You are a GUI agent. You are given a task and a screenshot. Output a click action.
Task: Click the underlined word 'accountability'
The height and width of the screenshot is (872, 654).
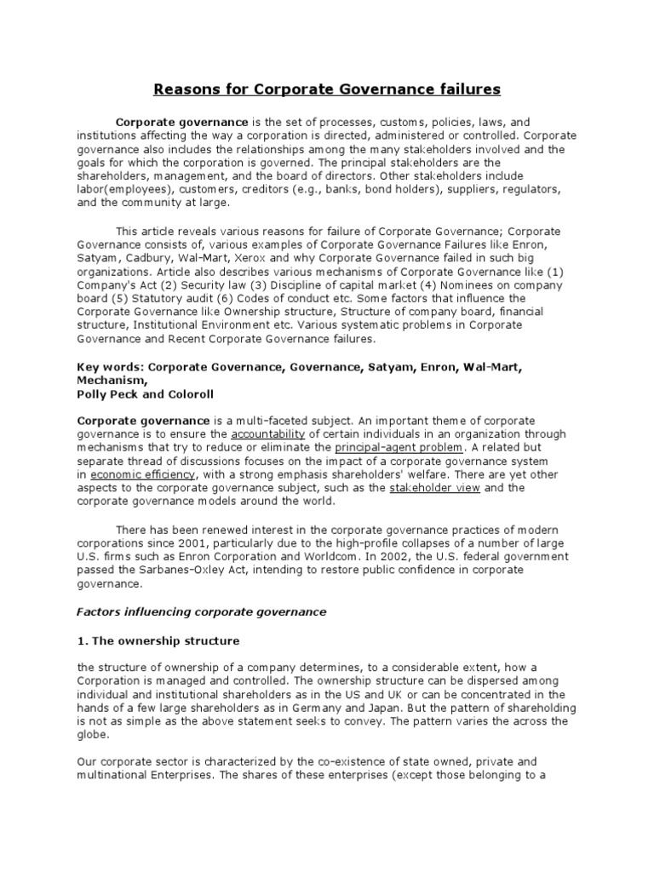tap(267, 433)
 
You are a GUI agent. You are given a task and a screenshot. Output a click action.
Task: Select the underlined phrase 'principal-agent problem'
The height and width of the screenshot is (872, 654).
tap(400, 447)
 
